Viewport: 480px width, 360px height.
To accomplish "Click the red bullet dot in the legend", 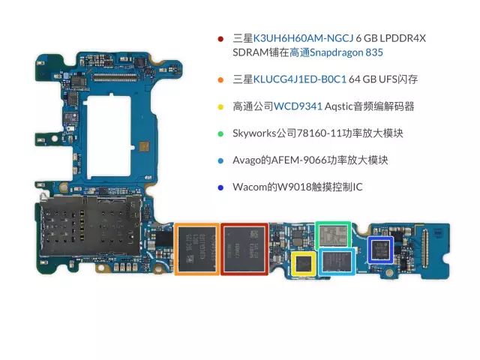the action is point(220,39).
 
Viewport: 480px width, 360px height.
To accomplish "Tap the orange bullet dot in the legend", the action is point(220,80).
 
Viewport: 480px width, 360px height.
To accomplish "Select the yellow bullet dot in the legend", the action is point(220,106).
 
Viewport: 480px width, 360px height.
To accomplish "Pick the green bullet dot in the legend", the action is point(220,133).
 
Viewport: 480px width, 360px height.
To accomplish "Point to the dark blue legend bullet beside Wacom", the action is point(220,187).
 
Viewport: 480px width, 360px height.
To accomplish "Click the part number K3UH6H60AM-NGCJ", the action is point(303,38).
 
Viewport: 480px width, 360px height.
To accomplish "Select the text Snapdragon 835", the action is point(346,52).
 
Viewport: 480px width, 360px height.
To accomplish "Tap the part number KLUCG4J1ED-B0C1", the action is point(300,79).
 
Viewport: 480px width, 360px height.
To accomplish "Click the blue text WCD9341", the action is point(298,106).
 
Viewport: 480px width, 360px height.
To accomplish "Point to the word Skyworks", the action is point(254,133).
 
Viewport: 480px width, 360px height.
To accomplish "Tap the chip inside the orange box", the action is point(196,249).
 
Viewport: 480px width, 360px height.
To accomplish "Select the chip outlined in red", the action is point(244,249).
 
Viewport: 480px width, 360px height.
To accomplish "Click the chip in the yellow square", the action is point(303,263).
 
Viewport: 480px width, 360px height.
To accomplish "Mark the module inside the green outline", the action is point(333,235).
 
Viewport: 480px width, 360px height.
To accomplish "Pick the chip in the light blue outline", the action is point(337,262).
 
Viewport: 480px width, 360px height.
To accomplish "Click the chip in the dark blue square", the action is point(380,250).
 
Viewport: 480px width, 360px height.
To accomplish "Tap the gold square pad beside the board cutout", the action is point(144,146).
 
